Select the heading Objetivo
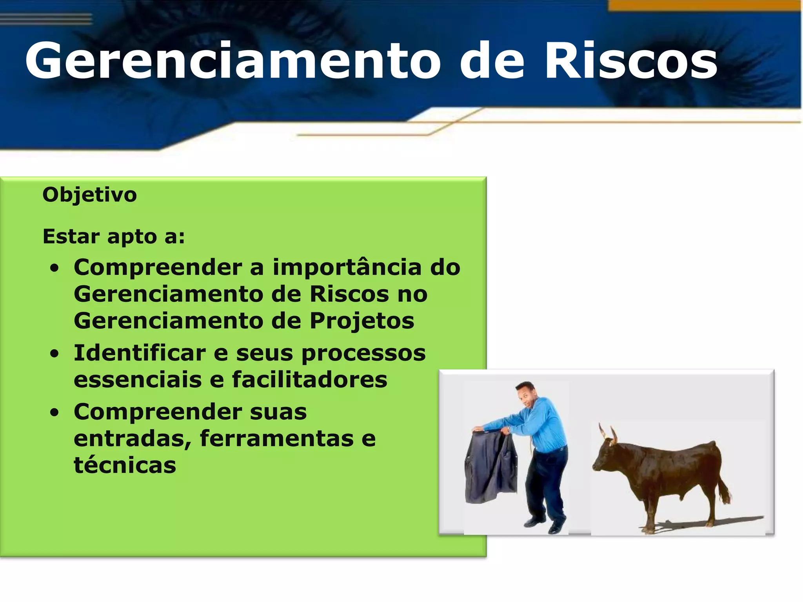point(89,195)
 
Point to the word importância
point(347,267)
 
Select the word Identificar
point(140,353)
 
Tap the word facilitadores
point(309,379)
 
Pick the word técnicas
point(125,465)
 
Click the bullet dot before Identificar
point(55,354)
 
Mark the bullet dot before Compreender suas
point(55,413)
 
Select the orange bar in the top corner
point(704,5)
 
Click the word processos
point(363,353)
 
